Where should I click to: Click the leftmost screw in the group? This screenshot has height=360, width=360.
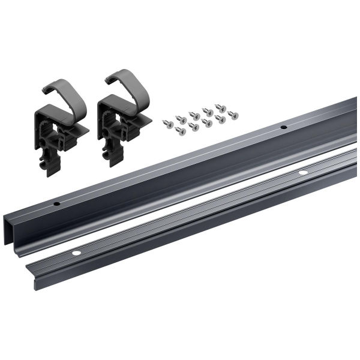tap(166, 124)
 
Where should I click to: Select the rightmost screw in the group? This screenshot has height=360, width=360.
tap(233, 115)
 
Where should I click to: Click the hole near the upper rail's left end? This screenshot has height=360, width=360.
tap(56, 203)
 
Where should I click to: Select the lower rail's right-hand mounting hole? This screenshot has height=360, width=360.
tap(302, 173)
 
